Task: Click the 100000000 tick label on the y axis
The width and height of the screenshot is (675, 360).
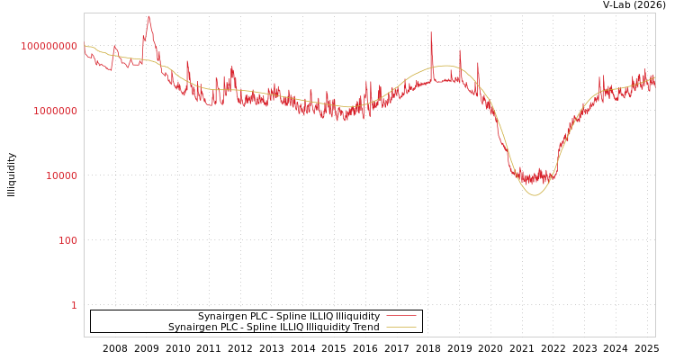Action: pos(49,46)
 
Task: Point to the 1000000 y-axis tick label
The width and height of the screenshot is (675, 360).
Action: pos(56,111)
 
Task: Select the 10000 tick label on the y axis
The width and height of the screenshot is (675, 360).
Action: pos(62,175)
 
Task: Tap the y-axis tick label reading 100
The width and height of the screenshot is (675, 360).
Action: pos(68,240)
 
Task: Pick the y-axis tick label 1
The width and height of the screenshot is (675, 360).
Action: pos(74,305)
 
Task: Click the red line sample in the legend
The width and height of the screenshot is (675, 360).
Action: pos(401,316)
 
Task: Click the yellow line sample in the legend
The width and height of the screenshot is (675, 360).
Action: pos(401,327)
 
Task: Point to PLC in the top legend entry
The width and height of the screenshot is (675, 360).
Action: pos(257,316)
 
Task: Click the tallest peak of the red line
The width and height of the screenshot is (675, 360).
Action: pos(148,16)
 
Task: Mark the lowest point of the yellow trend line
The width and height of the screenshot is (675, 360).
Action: pos(535,195)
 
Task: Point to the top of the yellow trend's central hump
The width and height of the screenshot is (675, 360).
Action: pos(447,66)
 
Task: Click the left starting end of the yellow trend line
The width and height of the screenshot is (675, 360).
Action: pos(85,46)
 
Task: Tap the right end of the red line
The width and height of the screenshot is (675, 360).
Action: pos(654,81)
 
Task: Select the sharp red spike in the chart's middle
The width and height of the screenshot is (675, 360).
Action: pos(431,33)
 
